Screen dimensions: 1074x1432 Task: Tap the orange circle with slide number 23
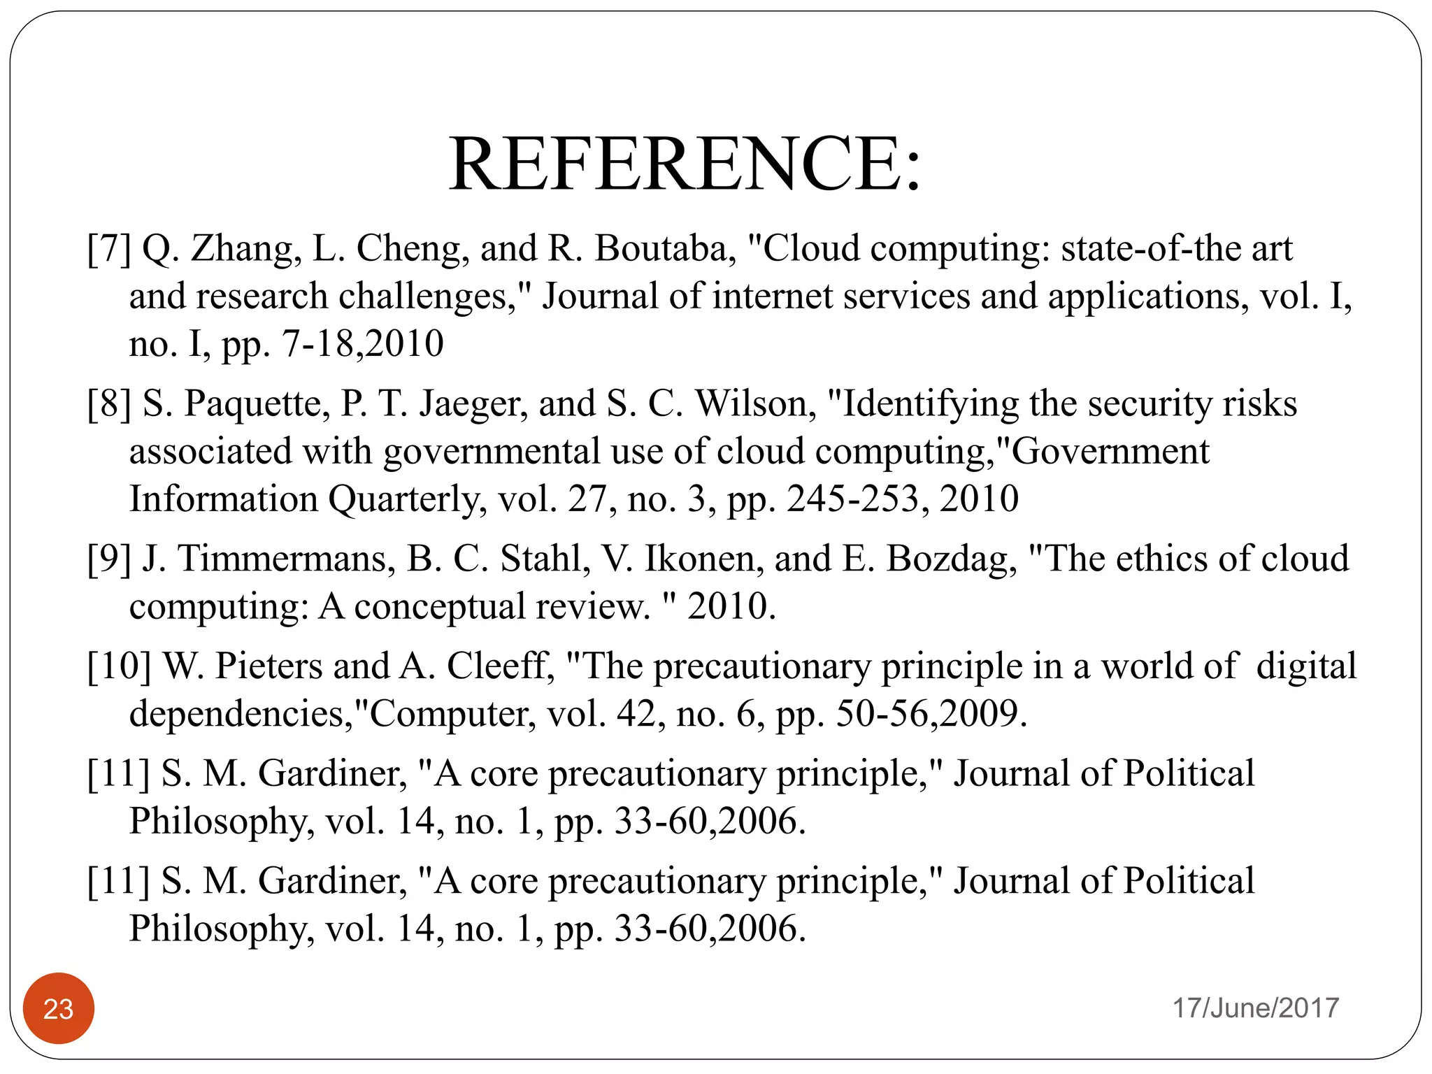coord(59,1008)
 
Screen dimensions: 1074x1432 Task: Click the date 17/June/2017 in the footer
coord(1255,1008)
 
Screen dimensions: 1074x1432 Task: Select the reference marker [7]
coord(109,249)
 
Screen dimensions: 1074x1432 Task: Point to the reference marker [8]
coord(109,404)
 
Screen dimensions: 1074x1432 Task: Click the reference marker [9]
coord(109,559)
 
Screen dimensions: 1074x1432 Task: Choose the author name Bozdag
coord(951,559)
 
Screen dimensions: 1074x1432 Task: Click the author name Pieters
coord(268,666)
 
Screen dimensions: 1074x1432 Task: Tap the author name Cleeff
coord(500,666)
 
